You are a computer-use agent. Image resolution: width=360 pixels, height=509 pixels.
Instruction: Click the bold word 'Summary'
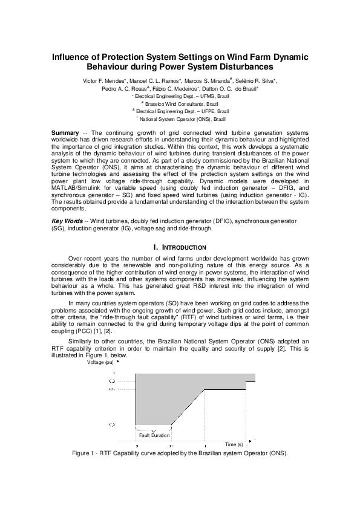point(64,132)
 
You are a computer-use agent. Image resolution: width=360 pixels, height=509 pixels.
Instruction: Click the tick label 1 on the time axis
point(205,446)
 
